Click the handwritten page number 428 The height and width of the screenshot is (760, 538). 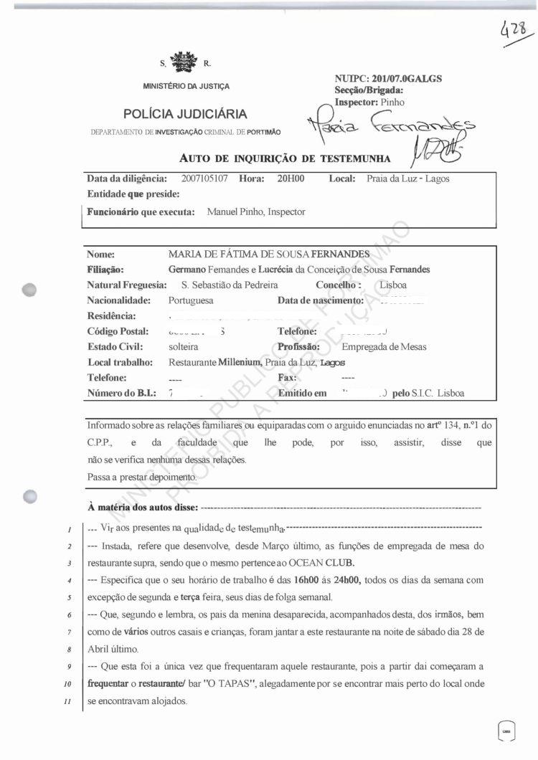(515, 31)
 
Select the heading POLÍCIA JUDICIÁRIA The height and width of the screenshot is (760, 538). (185, 114)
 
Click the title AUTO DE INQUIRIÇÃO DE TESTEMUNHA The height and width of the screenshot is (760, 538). (285, 158)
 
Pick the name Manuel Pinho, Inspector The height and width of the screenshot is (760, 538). (255, 212)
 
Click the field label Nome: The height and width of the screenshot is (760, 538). (101, 254)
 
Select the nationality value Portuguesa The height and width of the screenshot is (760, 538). (191, 300)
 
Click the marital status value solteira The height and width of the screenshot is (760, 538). (183, 346)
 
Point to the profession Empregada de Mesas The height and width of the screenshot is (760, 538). (384, 346)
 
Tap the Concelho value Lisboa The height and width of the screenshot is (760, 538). (393, 285)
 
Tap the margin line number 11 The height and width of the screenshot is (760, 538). (65, 701)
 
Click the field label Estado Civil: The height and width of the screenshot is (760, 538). (113, 346)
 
